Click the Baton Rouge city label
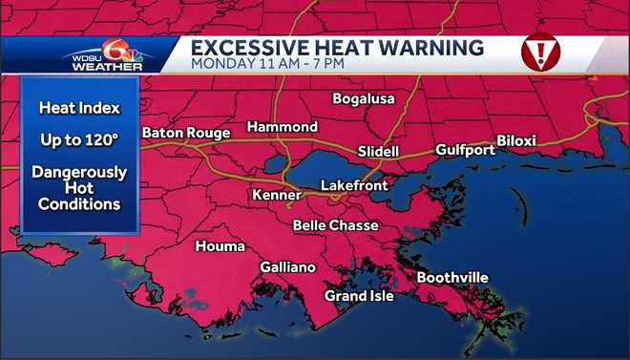click(x=186, y=133)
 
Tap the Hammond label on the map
click(x=283, y=127)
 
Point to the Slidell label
click(x=378, y=152)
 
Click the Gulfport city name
click(x=465, y=150)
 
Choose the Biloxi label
click(x=516, y=141)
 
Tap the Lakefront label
click(x=354, y=185)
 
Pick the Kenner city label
click(x=276, y=195)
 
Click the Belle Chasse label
click(x=335, y=225)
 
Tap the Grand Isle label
click(x=359, y=296)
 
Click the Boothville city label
click(x=452, y=278)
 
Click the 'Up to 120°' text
click(x=79, y=139)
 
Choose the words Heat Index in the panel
click(x=78, y=108)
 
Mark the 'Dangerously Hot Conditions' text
click(x=79, y=188)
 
